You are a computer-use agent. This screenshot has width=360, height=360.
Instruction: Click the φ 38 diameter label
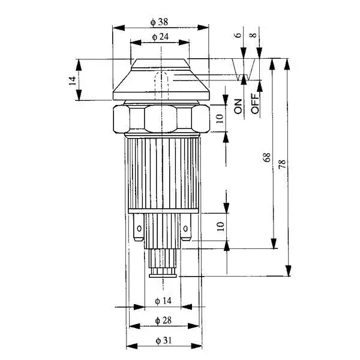pyautogui.click(x=159, y=22)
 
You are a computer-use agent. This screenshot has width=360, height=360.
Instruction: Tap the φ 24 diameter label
pyautogui.click(x=160, y=37)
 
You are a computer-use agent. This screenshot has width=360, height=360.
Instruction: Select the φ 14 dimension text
pyautogui.click(x=163, y=301)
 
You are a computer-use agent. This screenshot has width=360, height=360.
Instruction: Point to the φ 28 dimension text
pyautogui.click(x=163, y=320)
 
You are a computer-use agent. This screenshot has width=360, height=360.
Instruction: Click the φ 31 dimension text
pyautogui.click(x=164, y=340)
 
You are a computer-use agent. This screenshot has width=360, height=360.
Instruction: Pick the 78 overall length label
pyautogui.click(x=282, y=164)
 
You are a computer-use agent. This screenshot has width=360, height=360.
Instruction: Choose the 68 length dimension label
pyautogui.click(x=267, y=157)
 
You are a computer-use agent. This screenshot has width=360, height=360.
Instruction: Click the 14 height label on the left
pyautogui.click(x=73, y=81)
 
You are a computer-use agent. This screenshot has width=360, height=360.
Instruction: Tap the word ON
pyautogui.click(x=238, y=107)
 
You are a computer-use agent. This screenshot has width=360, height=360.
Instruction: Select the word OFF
pyautogui.click(x=255, y=104)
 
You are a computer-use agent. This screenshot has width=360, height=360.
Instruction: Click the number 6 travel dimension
pyautogui.click(x=238, y=35)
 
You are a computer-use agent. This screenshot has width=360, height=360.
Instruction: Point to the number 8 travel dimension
pyautogui.click(x=253, y=35)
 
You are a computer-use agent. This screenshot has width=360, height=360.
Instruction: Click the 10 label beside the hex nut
pyautogui.click(x=220, y=118)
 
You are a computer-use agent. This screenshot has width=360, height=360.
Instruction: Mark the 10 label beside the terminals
pyautogui.click(x=220, y=226)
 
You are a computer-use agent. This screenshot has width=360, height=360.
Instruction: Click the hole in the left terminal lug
pyautogui.click(x=139, y=229)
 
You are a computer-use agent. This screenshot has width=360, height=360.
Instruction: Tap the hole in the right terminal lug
pyautogui.click(x=185, y=229)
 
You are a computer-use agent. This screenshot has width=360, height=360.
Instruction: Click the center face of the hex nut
pyautogui.click(x=161, y=118)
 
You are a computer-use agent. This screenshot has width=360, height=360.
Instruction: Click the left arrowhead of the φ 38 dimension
pyautogui.click(x=118, y=28)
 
